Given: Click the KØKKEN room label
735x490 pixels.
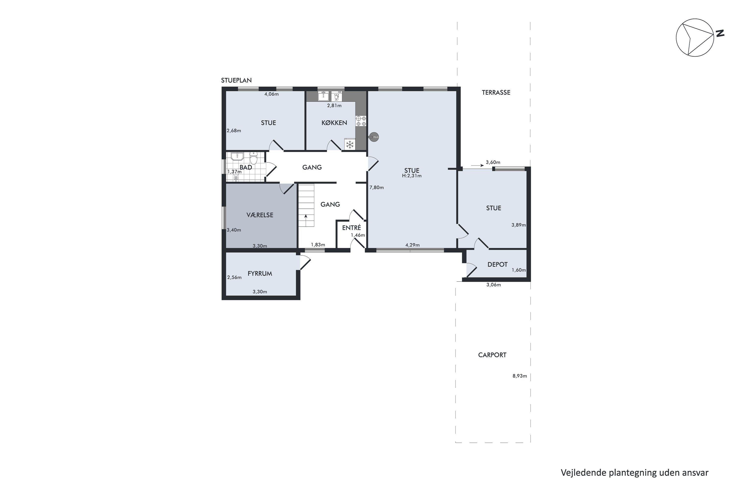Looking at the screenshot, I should coord(334,123).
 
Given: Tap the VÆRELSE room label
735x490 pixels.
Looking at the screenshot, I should coord(260,215).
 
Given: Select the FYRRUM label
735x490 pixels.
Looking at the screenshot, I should coord(260,273).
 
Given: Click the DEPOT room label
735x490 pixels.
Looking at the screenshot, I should coord(497,264).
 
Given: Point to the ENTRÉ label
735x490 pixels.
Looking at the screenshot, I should coord(351,228).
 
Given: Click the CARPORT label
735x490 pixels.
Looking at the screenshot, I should coord(492,355).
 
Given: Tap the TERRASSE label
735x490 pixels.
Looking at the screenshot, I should coord(496,93).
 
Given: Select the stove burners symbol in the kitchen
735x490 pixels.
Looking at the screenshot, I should coord(361,121).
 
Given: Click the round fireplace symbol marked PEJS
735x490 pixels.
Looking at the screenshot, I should coord(374,137).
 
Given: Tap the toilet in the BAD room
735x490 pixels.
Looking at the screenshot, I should coord(253,159).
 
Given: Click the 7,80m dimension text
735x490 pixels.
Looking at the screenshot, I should coord(376,187).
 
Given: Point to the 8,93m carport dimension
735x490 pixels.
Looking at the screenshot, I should coord(519,376).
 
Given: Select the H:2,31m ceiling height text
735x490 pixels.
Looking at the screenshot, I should coord(412,176).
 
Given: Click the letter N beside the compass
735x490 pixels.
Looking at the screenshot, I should coord(720,33).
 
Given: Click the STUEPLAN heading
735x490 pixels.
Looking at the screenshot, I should coord(236,80).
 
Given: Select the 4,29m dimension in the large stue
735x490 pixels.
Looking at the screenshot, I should coord(412,245).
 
